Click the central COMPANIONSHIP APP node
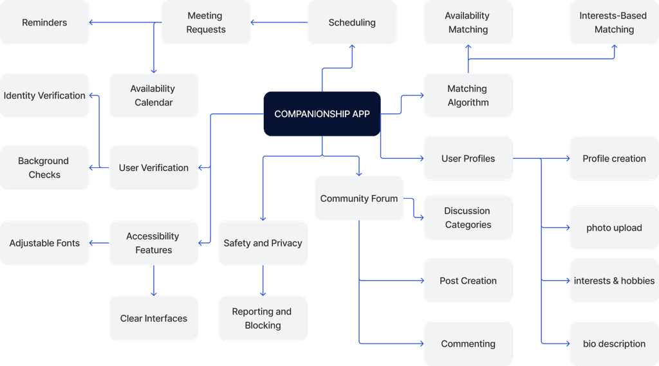[x=322, y=114]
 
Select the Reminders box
[x=44, y=23]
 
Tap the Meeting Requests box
[x=206, y=23]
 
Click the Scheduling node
[x=352, y=23]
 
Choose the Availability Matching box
[x=468, y=23]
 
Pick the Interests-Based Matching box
[x=614, y=23]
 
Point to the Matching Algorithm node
[x=468, y=95]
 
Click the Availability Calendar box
[x=153, y=95]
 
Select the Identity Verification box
[x=44, y=95]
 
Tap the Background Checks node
[x=44, y=168]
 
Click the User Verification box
[x=153, y=168]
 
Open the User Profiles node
[x=468, y=158]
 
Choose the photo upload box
[x=614, y=228]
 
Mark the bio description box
[x=614, y=343]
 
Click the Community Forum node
[x=359, y=198]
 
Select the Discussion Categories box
[x=468, y=217]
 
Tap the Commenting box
[x=468, y=343]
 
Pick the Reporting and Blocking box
[x=263, y=318]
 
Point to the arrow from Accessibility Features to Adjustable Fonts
[x=99, y=243]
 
